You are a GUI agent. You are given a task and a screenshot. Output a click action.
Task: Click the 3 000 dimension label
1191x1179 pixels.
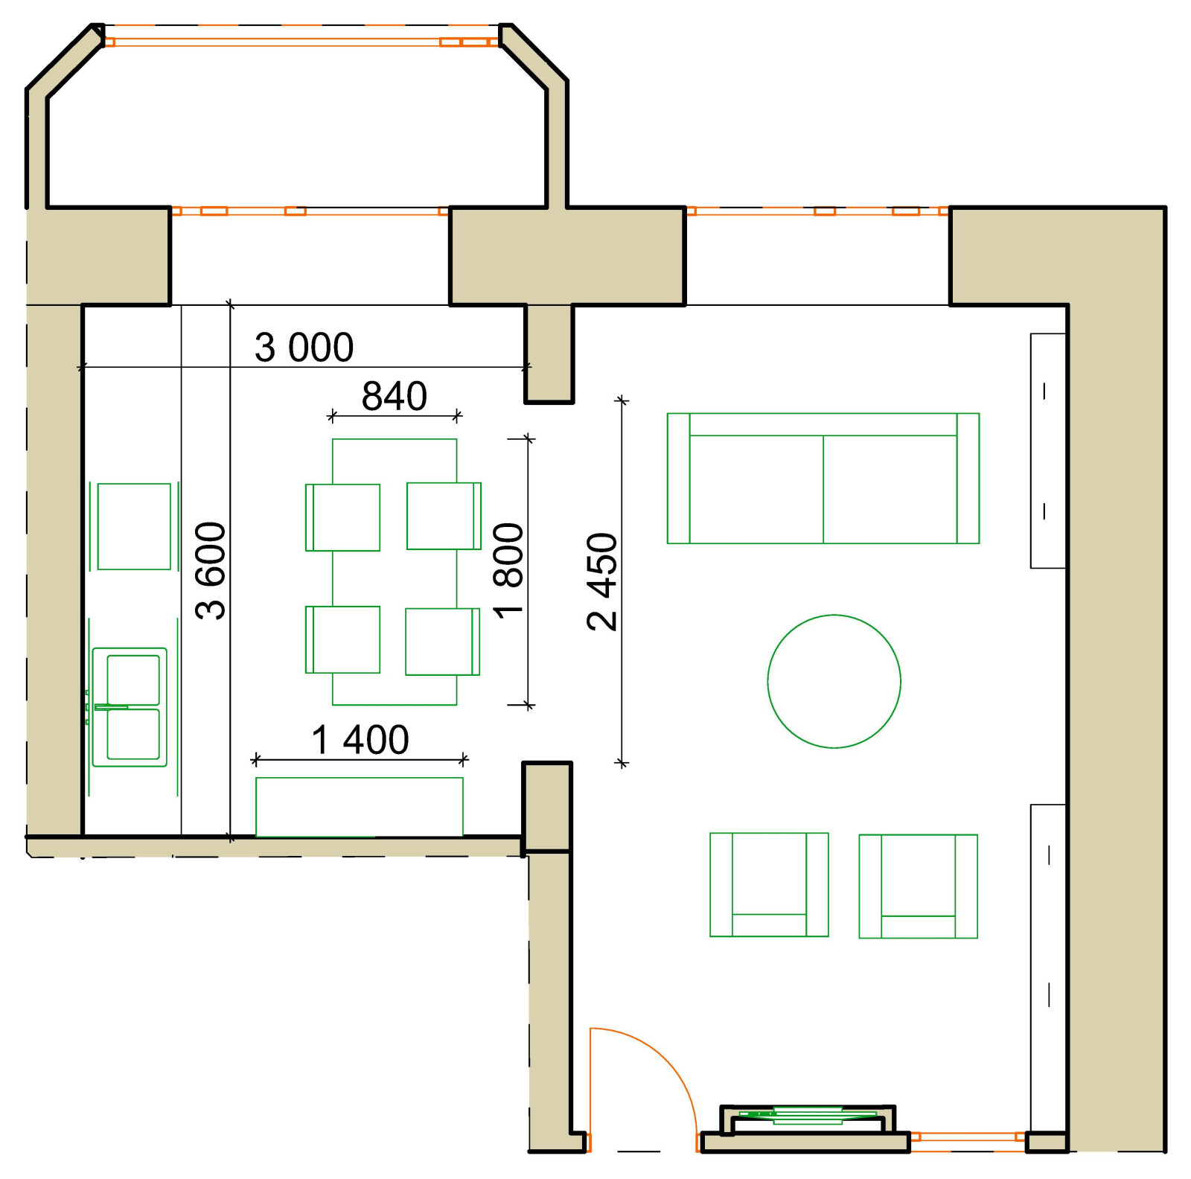(x=304, y=348)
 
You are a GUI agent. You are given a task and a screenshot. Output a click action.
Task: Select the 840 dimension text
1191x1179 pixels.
(x=395, y=396)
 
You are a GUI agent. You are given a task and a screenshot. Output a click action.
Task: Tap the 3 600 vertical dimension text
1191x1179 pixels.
(x=211, y=571)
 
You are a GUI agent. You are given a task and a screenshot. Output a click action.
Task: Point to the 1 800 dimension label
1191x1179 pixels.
(x=508, y=571)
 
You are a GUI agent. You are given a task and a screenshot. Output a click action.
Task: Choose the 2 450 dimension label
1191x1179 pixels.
(x=602, y=582)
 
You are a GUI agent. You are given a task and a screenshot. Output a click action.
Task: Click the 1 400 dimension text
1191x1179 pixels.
(x=360, y=740)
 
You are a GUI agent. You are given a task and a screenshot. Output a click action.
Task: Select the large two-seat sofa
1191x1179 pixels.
(x=823, y=479)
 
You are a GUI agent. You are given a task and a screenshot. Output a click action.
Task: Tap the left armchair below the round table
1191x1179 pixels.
(x=769, y=885)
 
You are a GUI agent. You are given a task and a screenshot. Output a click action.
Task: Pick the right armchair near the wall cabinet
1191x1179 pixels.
(x=918, y=886)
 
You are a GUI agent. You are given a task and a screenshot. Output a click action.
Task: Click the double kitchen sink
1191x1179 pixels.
(x=130, y=707)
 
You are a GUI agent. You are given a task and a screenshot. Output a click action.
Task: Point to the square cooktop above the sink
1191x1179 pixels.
(x=134, y=526)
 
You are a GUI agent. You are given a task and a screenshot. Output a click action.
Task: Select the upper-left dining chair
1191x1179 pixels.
(x=342, y=518)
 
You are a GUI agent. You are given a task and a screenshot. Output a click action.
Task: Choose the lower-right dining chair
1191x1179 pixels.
(x=443, y=642)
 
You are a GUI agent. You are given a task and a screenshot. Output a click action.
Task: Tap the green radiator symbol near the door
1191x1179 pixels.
(x=808, y=1115)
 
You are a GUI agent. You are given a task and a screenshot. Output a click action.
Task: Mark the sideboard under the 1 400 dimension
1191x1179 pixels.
(x=360, y=807)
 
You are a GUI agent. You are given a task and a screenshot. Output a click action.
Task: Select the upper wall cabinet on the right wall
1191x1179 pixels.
(x=1048, y=451)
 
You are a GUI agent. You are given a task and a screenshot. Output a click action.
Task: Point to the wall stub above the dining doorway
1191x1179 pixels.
(x=549, y=354)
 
